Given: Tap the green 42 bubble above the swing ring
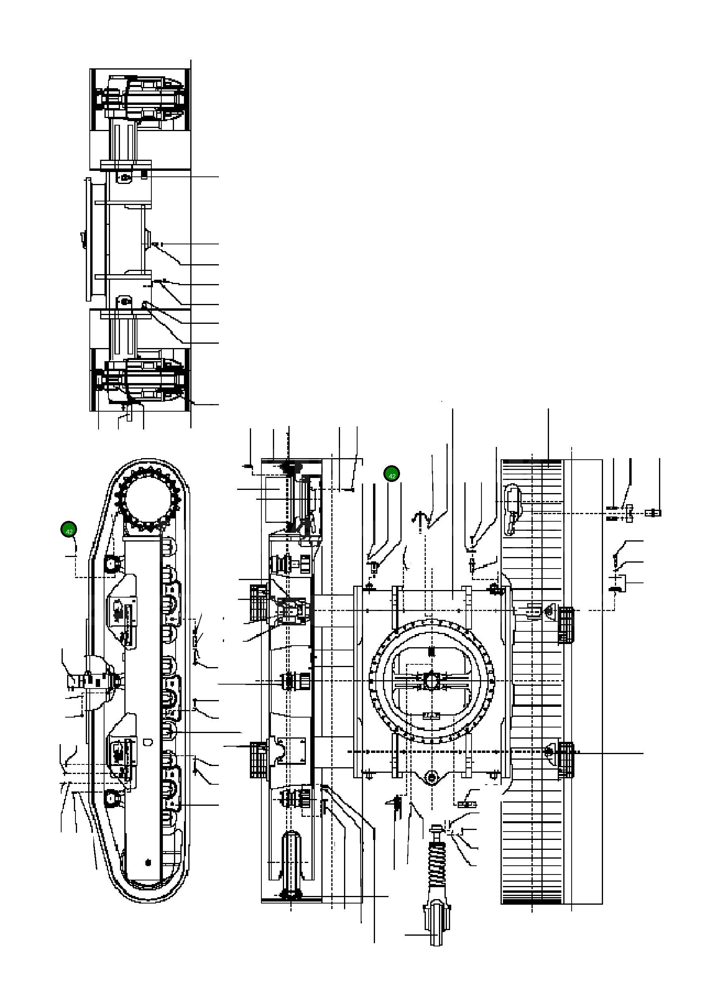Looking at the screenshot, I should pos(392,474).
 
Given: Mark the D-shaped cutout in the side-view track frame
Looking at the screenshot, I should pos(149,741).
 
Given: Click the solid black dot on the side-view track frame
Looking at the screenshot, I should pos(148,862).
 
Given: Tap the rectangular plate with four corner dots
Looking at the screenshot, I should pos(290,751).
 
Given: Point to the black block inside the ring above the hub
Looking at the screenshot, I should pos(431,652).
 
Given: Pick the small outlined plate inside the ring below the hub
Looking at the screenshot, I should pos(431,715).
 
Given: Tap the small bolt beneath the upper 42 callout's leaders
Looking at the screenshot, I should pos(374,567).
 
